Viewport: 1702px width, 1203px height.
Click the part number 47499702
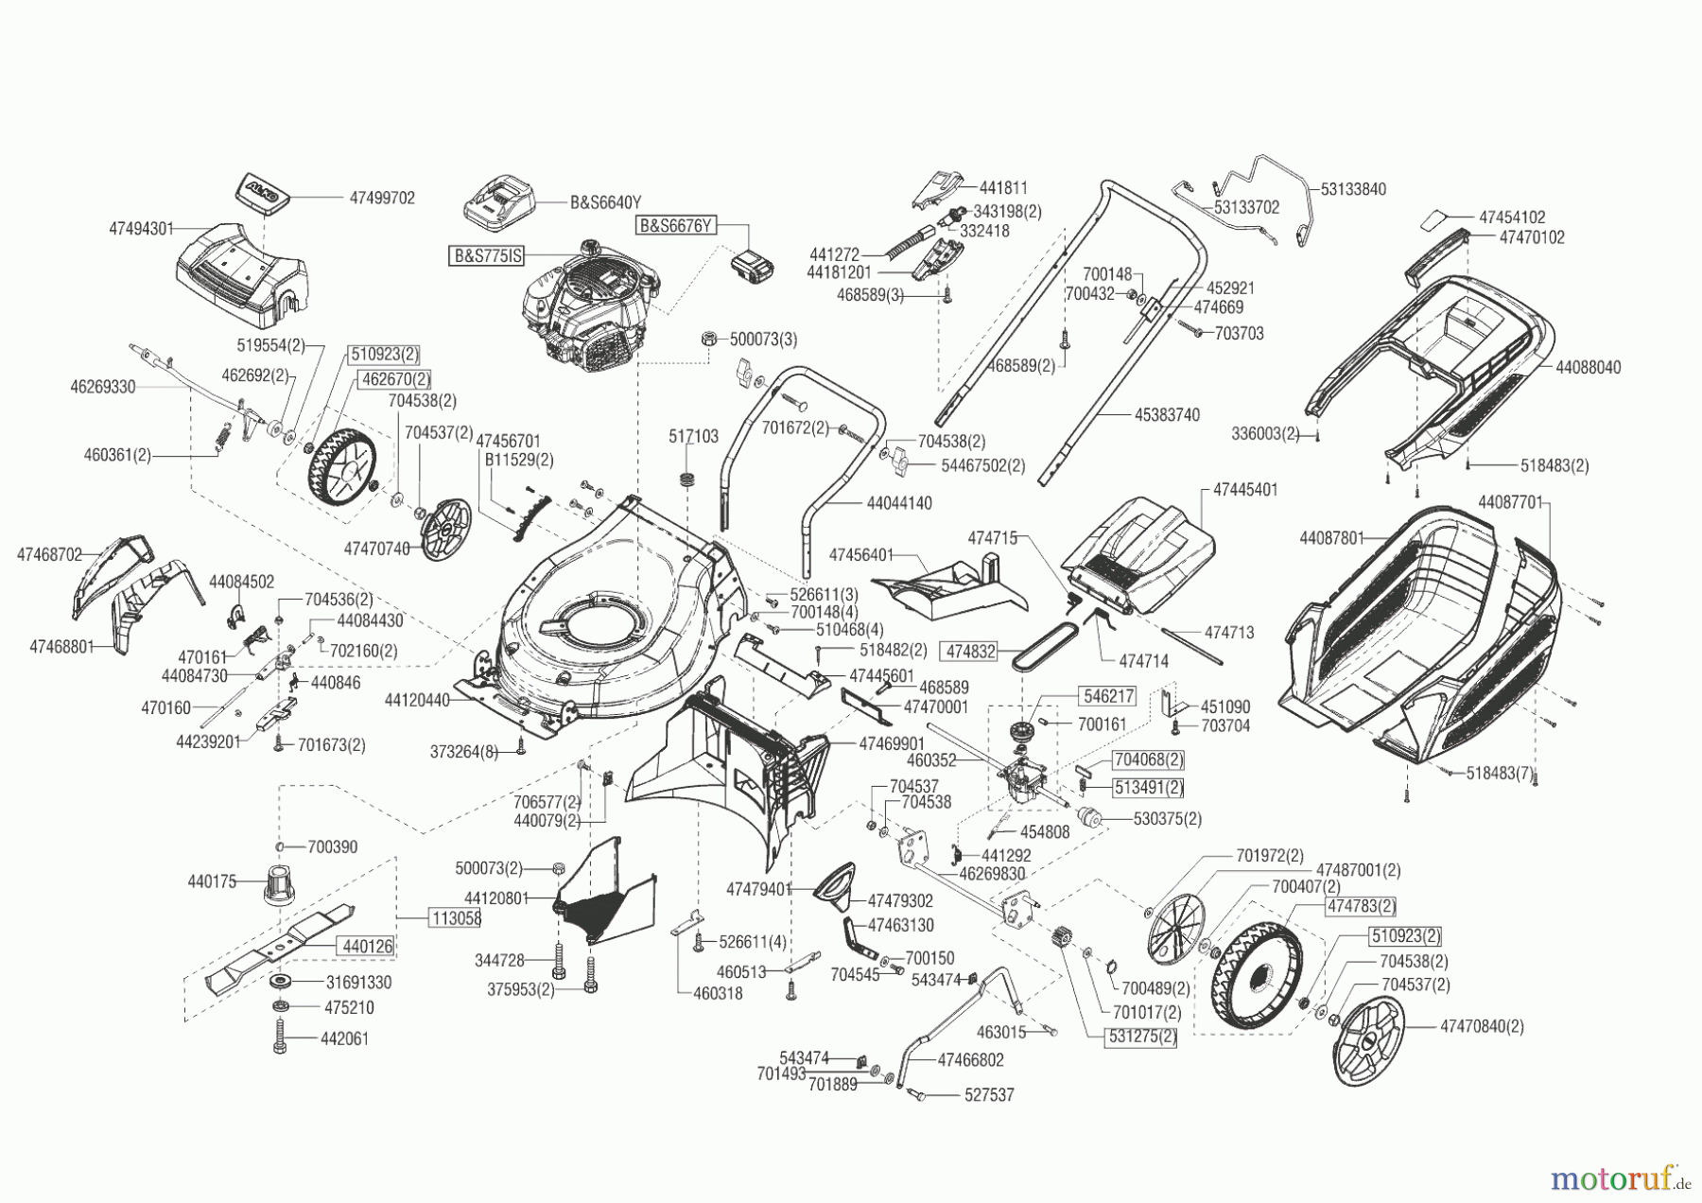382,199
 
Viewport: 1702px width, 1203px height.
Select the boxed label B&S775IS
489,255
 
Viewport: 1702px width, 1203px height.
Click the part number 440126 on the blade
368,946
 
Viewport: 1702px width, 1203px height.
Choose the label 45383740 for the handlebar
1168,415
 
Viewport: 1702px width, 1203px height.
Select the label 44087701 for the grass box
1510,502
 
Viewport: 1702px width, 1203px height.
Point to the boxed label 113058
455,918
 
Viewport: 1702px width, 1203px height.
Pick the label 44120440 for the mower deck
417,701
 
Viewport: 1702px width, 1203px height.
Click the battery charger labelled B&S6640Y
500,203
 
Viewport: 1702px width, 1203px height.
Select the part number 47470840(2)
1482,1026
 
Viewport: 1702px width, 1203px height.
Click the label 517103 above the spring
693,436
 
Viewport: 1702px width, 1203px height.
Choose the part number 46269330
102,387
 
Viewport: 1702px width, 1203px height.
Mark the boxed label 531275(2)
1139,1036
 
